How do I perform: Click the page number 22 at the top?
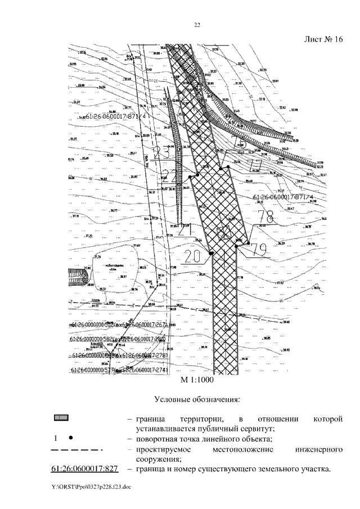(197, 25)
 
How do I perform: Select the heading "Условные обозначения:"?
(197, 400)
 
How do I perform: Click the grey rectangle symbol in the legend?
(61, 418)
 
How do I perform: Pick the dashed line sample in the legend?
(75, 450)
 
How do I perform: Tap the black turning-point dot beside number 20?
(210, 254)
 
